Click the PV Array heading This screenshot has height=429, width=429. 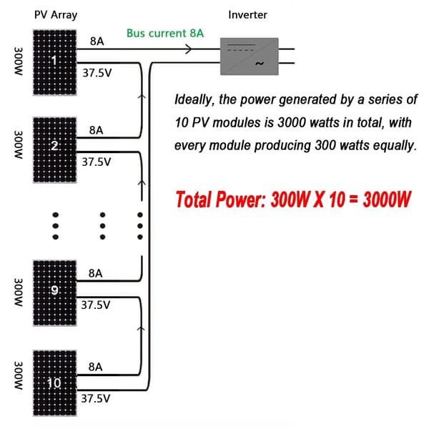(56, 15)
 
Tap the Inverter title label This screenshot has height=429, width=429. (247, 15)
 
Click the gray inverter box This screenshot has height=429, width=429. (250, 56)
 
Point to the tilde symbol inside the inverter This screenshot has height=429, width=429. (260, 64)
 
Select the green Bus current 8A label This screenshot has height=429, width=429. (165, 33)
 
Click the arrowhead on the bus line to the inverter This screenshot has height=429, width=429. (189, 49)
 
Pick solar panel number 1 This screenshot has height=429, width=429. (55, 62)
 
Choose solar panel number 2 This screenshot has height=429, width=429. (55, 150)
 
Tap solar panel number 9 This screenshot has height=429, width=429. (55, 293)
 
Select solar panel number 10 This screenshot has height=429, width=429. (55, 383)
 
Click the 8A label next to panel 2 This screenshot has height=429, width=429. (96, 130)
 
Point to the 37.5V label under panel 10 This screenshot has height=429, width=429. (96, 398)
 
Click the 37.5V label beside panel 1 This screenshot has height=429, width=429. (97, 73)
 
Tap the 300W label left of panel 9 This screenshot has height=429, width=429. (19, 292)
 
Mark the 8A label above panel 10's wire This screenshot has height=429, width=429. (96, 367)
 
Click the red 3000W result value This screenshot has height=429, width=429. (387, 199)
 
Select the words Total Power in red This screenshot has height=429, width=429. (220, 199)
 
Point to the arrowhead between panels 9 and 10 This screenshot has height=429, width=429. (141, 329)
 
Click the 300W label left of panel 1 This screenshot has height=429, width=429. (19, 61)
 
